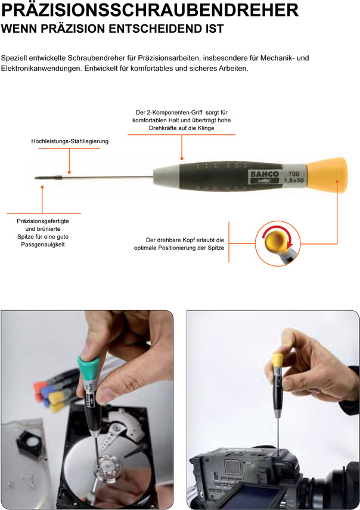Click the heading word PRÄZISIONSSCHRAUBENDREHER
[150, 10]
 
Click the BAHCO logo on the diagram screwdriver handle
[264, 174]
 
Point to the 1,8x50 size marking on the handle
[294, 180]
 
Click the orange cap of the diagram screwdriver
[327, 175]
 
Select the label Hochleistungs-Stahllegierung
[70, 141]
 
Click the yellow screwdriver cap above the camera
[278, 361]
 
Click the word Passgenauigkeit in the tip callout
[43, 245]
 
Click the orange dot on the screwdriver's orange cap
[337, 181]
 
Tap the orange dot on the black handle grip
[182, 159]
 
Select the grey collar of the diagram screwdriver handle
[166, 177]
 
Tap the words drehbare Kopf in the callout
[178, 240]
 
